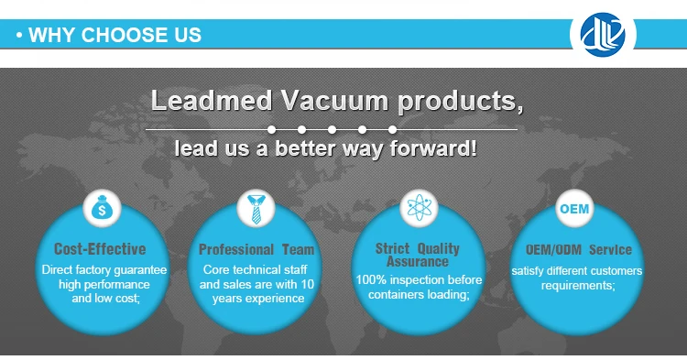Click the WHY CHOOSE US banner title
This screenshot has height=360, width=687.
pyautogui.click(x=114, y=36)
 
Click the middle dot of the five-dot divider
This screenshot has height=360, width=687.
pyautogui.click(x=333, y=129)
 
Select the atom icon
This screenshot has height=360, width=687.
pyautogui.click(x=418, y=210)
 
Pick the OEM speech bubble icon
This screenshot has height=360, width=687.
pyautogui.click(x=574, y=210)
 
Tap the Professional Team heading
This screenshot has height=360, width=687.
pyautogui.click(x=256, y=249)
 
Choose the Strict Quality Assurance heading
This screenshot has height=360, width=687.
pyautogui.click(x=418, y=255)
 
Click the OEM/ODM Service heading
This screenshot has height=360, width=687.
pyautogui.click(x=578, y=249)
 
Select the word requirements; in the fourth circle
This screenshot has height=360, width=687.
pyautogui.click(x=577, y=285)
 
